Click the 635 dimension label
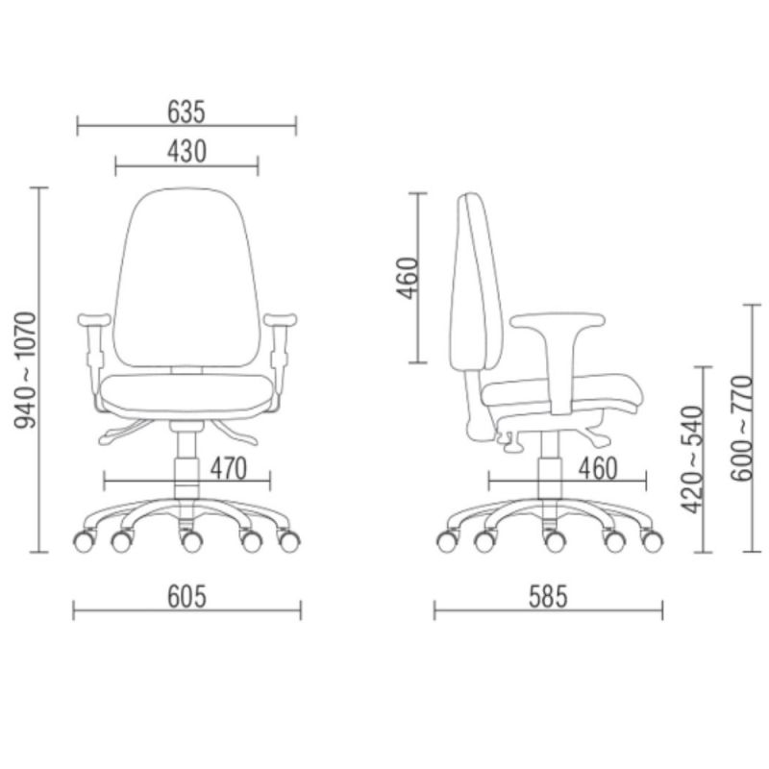pyautogui.click(x=186, y=112)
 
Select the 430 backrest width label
pyautogui.click(x=186, y=152)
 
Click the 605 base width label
pyautogui.click(x=187, y=597)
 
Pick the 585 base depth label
pyautogui.click(x=548, y=597)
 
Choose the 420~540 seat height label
pyautogui.click(x=693, y=459)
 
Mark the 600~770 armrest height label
pyautogui.click(x=741, y=428)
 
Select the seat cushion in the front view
pyautogui.click(x=186, y=394)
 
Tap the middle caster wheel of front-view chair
pyautogui.click(x=192, y=543)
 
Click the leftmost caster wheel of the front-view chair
pyautogui.click(x=84, y=541)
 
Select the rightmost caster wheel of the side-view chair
pyautogui.click(x=652, y=541)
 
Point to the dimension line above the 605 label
pyautogui.click(x=187, y=610)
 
